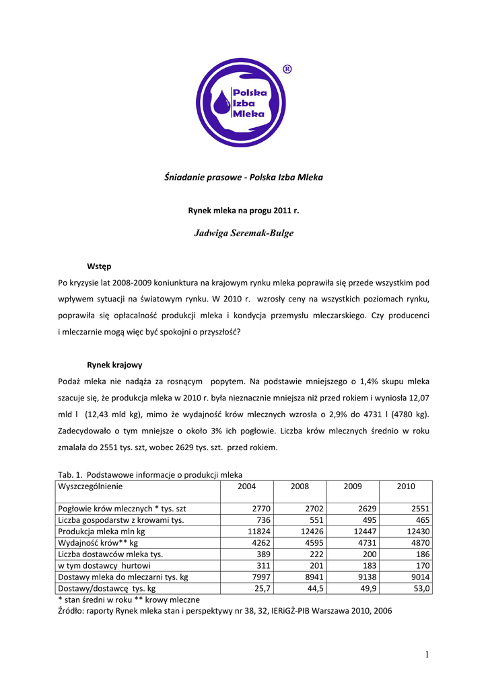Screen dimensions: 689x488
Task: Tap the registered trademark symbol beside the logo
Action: [x=287, y=69]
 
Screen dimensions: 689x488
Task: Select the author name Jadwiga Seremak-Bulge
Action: [x=244, y=233]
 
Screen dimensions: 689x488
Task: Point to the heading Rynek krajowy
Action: [x=114, y=365]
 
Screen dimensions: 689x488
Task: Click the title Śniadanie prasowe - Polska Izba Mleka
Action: [x=244, y=178]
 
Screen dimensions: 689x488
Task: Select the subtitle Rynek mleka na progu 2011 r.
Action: [x=244, y=211]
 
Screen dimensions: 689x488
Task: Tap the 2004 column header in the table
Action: [x=247, y=486]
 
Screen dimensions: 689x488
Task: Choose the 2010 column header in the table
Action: [x=406, y=486]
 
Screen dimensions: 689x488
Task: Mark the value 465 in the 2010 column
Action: [x=422, y=520]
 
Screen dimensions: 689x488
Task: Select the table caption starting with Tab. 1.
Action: [x=150, y=474]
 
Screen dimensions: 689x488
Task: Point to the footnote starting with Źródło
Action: [x=225, y=611]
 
